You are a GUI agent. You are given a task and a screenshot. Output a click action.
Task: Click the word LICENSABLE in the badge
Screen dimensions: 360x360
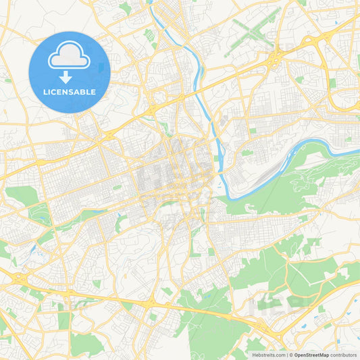(70, 92)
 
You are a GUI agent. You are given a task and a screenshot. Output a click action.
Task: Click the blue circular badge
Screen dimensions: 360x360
(70, 72)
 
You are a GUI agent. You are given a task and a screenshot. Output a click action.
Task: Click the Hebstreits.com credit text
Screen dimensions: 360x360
(268, 355)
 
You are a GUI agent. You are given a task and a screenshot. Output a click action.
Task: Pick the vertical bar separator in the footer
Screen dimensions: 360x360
(286, 355)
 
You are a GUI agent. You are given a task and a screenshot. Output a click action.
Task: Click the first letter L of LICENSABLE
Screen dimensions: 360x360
(45, 92)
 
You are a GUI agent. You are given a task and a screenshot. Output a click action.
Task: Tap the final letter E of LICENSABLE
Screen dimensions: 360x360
(94, 92)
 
